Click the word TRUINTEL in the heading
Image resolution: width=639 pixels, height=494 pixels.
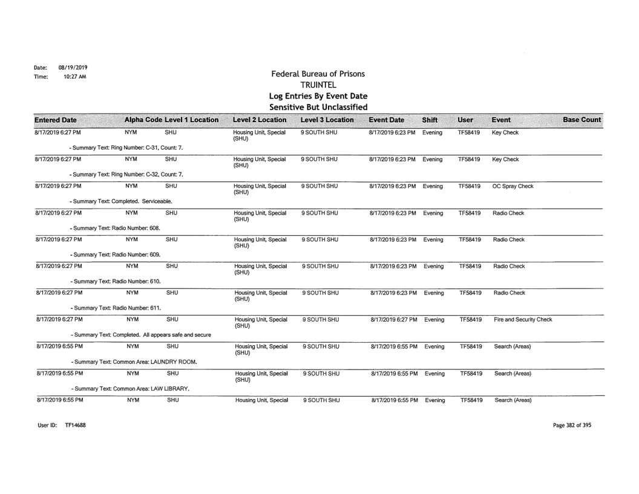[x=318, y=85]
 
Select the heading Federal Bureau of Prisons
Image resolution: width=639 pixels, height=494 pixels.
[x=318, y=74]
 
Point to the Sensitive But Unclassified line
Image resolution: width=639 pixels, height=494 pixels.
[x=318, y=107]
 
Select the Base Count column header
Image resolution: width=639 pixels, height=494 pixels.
[x=582, y=120]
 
